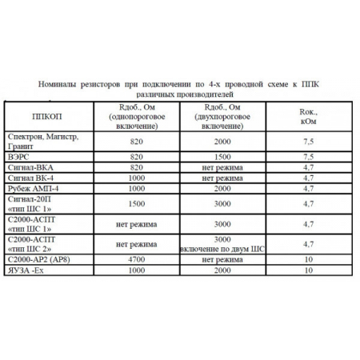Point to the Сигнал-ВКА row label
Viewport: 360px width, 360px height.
pos(30,168)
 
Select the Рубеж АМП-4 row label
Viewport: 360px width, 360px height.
pos(33,189)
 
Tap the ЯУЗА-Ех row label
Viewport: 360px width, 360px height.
pos(28,271)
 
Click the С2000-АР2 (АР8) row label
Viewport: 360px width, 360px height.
pos(41,260)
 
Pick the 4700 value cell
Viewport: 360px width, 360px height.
pos(134,260)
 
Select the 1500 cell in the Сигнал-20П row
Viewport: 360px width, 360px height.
pos(134,204)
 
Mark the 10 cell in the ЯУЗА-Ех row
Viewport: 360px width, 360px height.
pos(307,271)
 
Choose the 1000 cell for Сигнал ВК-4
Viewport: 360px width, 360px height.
pos(134,178)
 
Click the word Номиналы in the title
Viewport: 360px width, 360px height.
pos(58,82)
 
